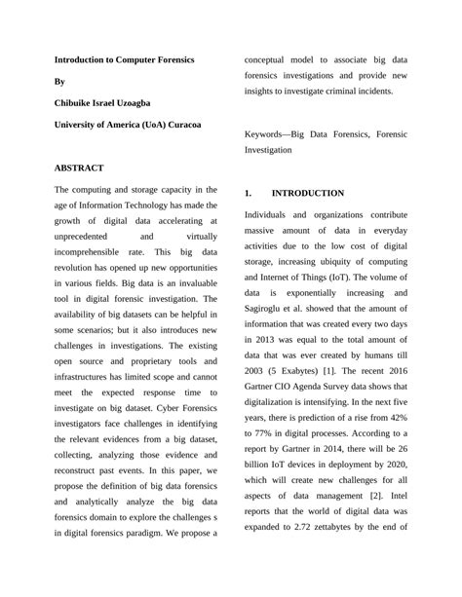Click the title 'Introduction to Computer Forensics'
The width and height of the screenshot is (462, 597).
click(124, 59)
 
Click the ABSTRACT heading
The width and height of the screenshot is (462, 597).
click(79, 168)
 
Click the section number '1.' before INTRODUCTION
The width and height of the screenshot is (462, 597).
click(249, 193)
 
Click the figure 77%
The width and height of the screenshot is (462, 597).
click(263, 441)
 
